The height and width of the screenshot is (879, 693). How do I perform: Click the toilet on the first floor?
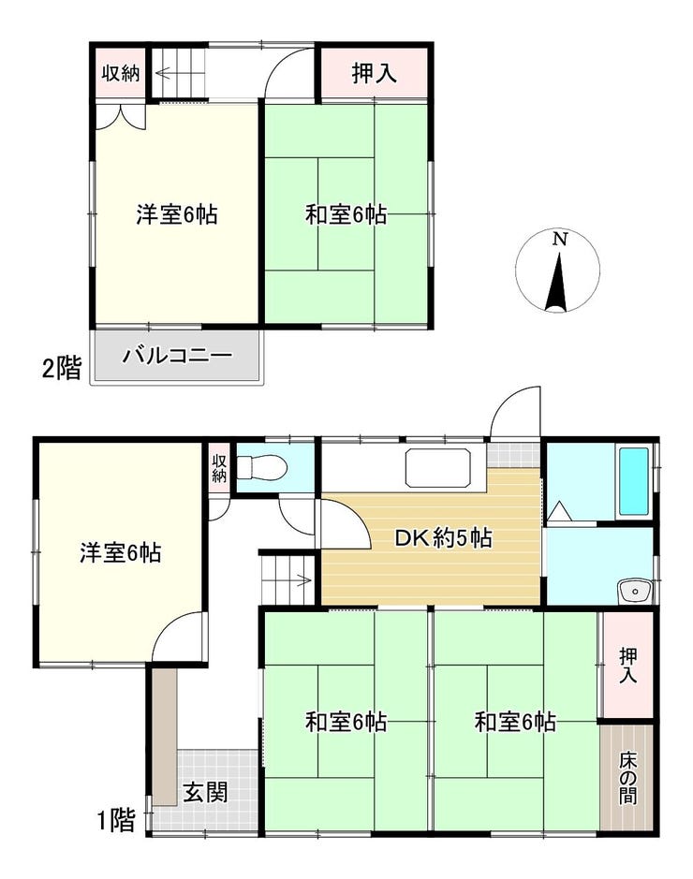(x=261, y=466)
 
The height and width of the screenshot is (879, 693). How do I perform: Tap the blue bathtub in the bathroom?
(x=634, y=481)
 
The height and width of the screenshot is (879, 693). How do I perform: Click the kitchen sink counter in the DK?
(x=438, y=468)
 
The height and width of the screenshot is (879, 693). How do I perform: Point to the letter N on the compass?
(x=559, y=240)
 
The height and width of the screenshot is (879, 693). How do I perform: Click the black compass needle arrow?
(x=558, y=282)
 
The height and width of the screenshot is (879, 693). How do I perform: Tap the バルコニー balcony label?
(x=177, y=356)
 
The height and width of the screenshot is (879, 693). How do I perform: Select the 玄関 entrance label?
(x=206, y=793)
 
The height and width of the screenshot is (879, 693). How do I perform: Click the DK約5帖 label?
(x=444, y=538)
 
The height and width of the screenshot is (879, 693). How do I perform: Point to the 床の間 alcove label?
(x=628, y=779)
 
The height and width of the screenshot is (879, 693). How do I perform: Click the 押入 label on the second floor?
(x=374, y=73)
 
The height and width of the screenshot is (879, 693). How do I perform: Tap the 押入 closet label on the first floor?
(x=628, y=666)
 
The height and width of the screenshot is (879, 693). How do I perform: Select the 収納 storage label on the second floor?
(x=121, y=73)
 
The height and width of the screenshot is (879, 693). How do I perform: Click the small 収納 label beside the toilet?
(x=218, y=469)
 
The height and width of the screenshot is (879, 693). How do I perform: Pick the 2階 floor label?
(x=62, y=369)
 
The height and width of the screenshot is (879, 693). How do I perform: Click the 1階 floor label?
(x=116, y=821)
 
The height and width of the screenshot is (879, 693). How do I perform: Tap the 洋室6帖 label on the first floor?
(x=121, y=552)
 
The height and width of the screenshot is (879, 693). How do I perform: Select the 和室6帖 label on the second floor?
(x=346, y=214)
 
